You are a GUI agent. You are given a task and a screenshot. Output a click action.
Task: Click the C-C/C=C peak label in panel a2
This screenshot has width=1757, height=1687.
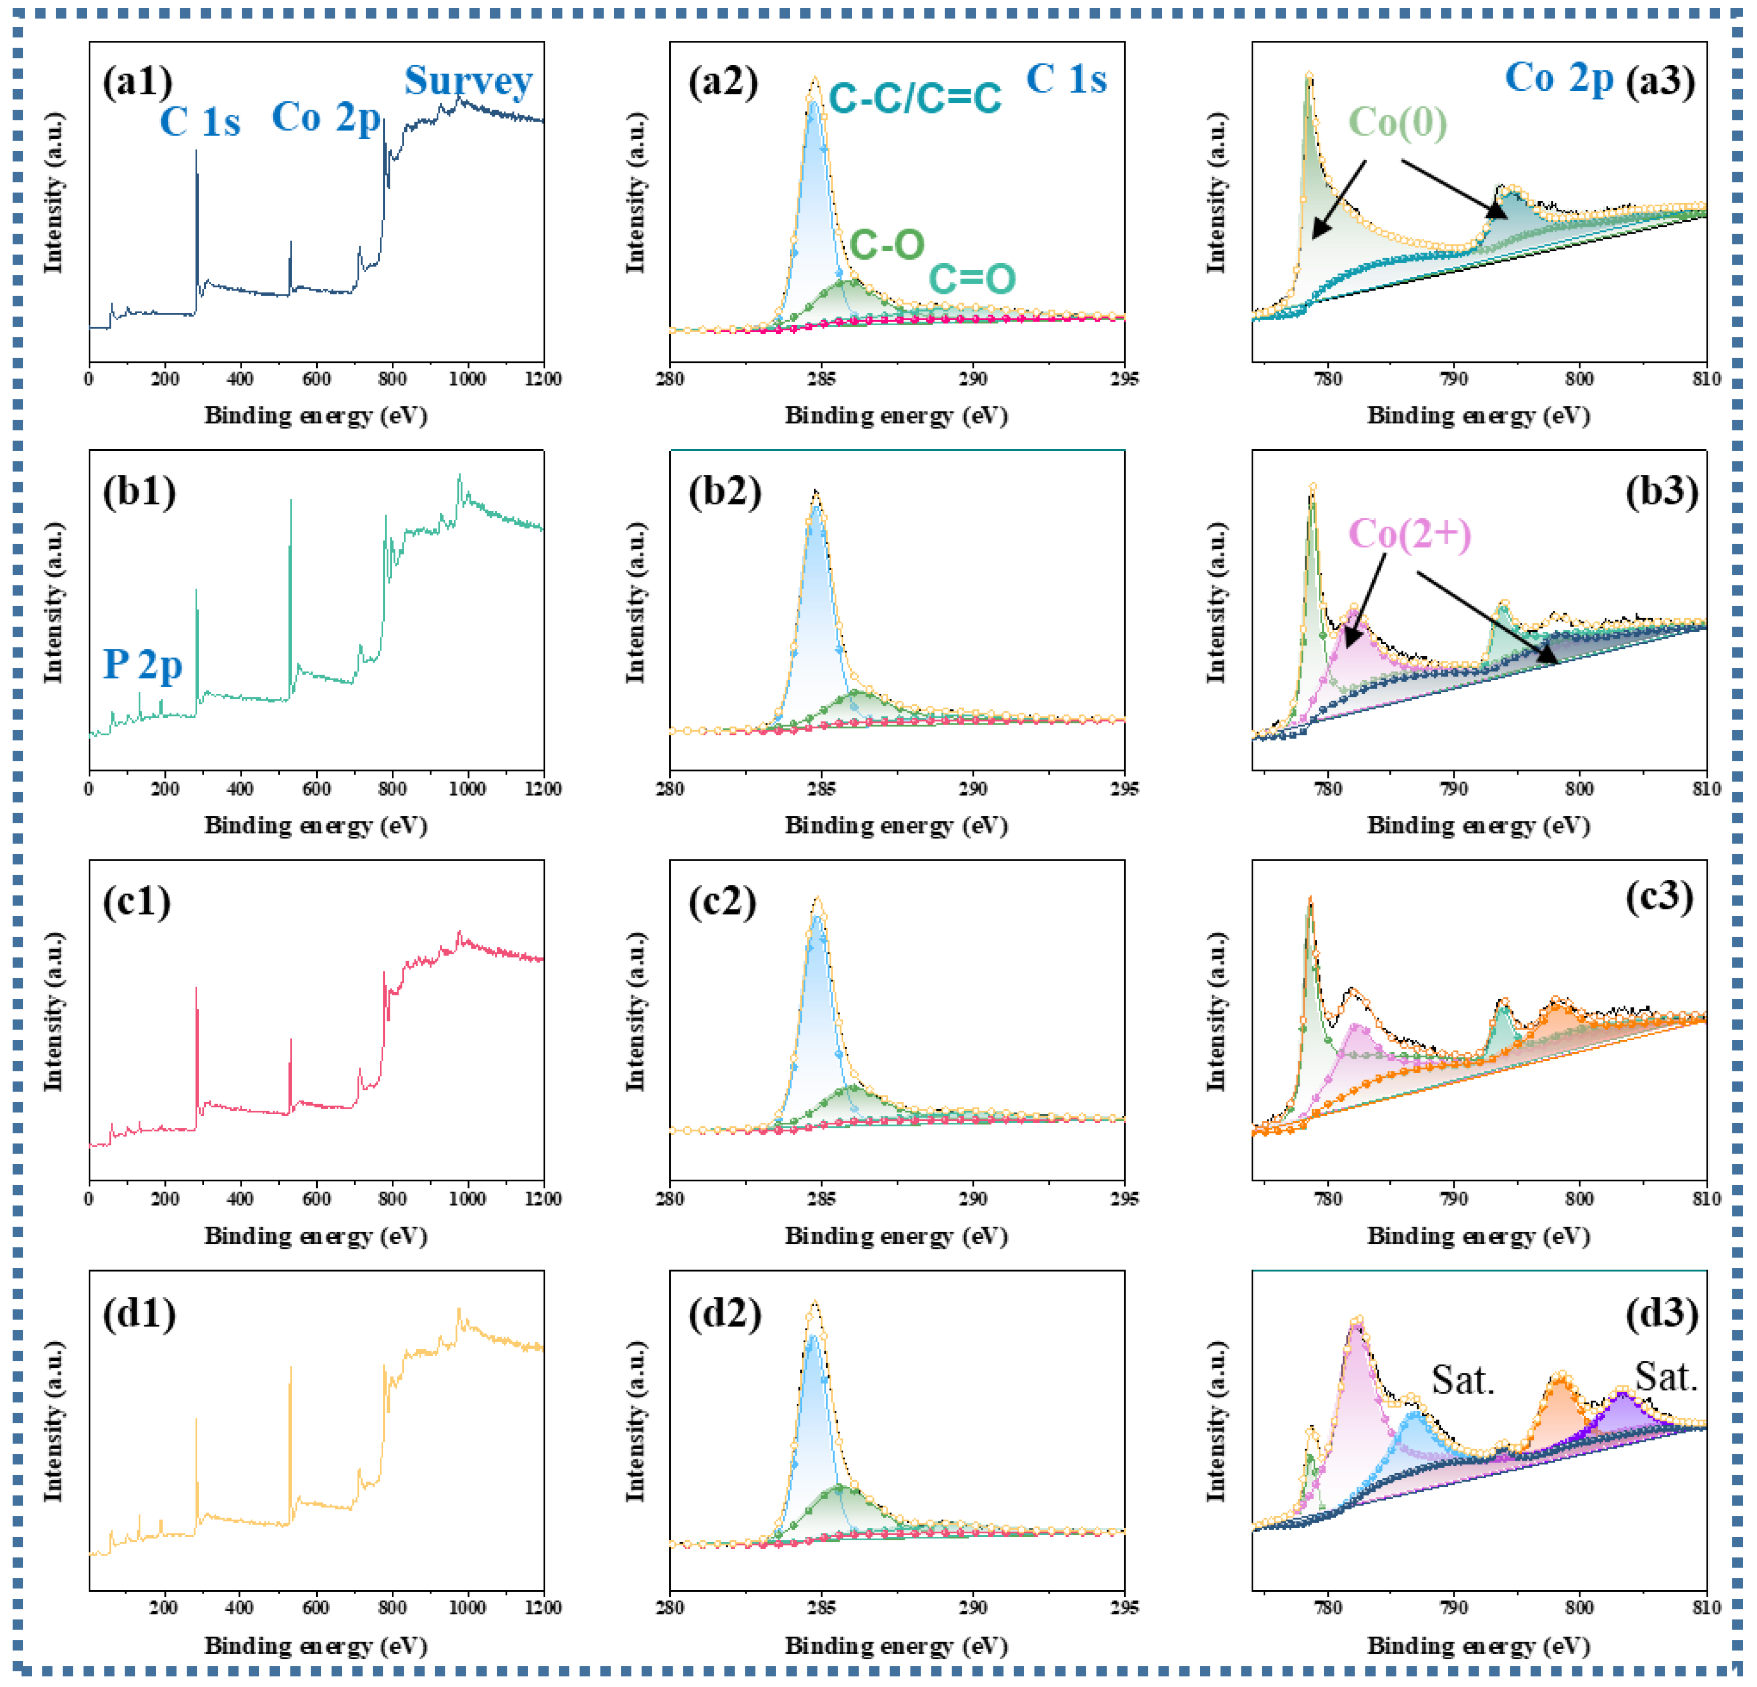tap(914, 98)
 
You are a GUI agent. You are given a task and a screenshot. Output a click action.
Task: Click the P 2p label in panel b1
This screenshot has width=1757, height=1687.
tap(143, 664)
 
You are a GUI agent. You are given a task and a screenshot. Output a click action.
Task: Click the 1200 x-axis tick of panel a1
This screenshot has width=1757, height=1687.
tap(542, 379)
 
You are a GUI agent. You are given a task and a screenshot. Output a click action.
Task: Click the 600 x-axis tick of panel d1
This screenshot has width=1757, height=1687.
tap(316, 1608)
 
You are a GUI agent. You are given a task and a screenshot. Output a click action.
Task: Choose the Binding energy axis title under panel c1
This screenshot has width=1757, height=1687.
tap(316, 1236)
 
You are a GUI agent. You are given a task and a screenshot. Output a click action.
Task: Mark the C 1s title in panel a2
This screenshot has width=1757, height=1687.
tap(1066, 79)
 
